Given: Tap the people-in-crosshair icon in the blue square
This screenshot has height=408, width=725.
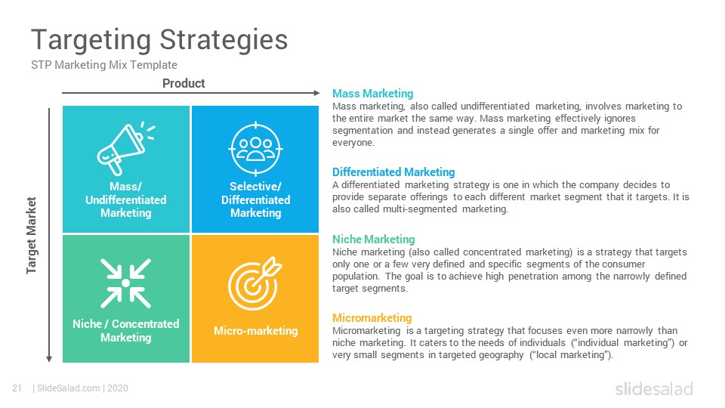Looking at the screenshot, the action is pos(256,149).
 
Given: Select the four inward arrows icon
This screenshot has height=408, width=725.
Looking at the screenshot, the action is pos(126,283).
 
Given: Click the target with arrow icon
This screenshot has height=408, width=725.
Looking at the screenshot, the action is pos(255,283).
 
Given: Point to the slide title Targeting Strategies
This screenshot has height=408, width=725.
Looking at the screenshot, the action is pos(159,40).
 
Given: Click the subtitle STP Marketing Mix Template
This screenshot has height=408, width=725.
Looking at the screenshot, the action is pos(104,65).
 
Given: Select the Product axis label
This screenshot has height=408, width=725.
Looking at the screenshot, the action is pos(184,83).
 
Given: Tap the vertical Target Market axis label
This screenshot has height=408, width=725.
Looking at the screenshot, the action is pos(31,236).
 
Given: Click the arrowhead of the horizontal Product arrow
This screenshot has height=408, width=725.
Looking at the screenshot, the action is pos(316,93).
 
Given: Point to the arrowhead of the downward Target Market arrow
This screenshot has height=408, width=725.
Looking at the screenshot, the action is pos(49,359).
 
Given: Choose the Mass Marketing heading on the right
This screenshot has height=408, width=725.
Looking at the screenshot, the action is pos(372,94).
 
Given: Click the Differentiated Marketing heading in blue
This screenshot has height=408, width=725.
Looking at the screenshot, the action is pos(393,172).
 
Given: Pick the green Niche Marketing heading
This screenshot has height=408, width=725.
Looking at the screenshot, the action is pos(374,240).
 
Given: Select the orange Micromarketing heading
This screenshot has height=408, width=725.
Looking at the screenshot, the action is pos(372,318).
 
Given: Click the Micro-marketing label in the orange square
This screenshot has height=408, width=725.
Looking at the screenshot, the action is pos(256,331).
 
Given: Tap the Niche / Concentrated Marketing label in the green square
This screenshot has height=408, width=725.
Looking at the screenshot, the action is pos(126,331).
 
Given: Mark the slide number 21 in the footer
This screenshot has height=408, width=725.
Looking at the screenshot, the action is pos(17,388).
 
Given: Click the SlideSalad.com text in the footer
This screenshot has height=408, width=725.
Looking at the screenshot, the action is pos(69,388).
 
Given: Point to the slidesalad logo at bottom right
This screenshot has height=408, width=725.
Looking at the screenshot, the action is pos(654,388).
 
